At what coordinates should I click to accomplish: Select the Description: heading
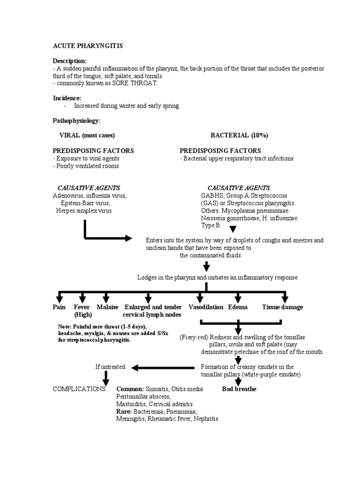point(69,61)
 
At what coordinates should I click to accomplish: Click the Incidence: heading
point(67,98)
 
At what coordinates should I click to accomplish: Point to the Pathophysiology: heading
point(76,120)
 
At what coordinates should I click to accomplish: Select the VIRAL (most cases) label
point(87,135)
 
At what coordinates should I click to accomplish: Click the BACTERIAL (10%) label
point(239,135)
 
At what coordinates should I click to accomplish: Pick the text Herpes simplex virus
point(84,210)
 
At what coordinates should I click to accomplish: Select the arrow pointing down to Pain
point(60,298)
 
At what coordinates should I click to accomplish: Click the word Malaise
point(107,307)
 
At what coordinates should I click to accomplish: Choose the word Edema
point(238,307)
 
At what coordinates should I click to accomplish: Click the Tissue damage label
point(282,307)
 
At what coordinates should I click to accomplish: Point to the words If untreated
point(110,367)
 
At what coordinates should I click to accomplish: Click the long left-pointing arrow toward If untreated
point(164,367)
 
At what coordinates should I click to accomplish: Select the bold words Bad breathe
point(239,389)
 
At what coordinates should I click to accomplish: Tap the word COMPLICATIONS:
point(80,389)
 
